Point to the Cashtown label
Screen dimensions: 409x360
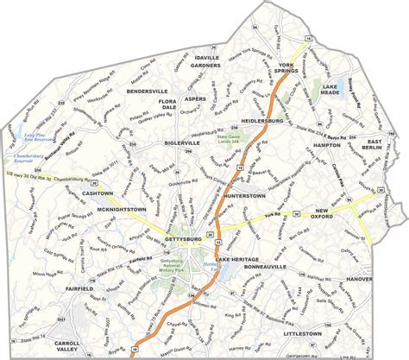(91, 193)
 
